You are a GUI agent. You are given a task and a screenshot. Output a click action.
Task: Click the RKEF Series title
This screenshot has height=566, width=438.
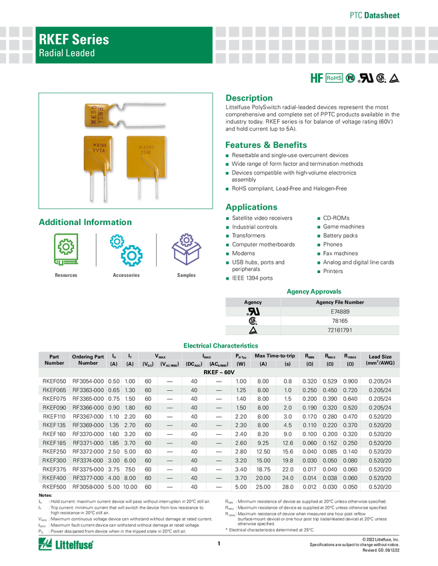73,39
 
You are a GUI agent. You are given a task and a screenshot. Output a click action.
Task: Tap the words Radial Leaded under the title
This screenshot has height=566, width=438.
67,53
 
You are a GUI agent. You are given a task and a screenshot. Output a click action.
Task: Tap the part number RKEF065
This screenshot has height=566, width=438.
54,390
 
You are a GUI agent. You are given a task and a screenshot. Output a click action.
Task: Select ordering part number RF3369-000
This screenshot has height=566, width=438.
88,425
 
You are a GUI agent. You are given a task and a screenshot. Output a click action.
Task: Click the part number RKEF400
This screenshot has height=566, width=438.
54,478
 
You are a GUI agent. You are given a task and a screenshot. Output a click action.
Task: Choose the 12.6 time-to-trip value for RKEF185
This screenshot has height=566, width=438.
287,443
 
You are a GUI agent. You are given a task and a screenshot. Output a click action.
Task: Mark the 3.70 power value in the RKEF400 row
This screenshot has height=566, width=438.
241,478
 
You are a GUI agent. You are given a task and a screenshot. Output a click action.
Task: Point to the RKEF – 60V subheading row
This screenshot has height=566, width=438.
219,373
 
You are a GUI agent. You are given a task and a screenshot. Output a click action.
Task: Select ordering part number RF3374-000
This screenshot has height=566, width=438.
88,460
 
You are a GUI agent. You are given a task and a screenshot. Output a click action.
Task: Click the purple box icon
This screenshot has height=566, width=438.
187,250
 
